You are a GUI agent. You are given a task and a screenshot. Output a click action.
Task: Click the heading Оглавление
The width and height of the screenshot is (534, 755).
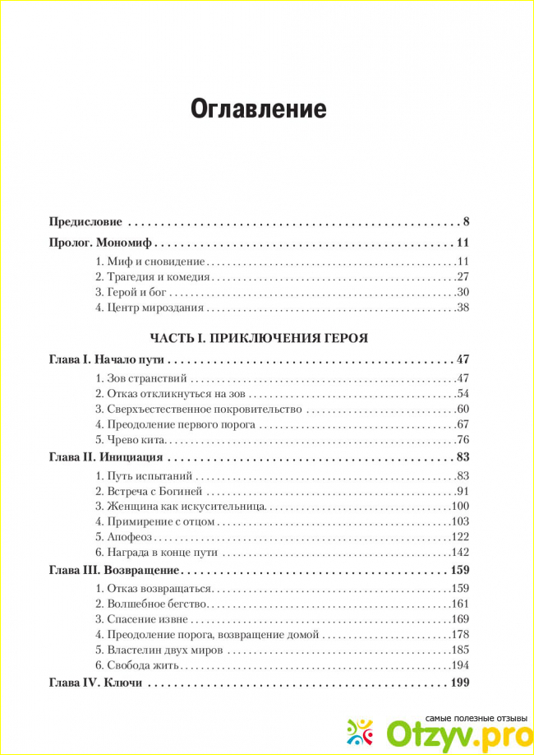[x=259, y=109]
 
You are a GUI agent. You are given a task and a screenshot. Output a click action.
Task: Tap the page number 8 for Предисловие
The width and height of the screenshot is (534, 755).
[x=465, y=221]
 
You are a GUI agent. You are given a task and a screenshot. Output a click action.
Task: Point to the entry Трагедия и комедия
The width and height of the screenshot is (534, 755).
[x=154, y=277]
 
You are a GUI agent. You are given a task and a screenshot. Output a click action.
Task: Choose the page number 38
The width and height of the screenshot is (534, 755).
[x=462, y=308]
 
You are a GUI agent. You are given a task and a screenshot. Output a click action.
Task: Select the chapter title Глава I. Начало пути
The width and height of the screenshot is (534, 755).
[x=108, y=360]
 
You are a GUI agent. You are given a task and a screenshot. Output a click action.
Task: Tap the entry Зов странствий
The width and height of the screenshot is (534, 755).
[x=141, y=378]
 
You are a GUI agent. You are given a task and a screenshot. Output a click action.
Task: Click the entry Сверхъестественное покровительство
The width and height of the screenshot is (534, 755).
[x=200, y=409]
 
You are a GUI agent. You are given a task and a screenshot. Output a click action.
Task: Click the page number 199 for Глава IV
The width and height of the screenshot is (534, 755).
[x=458, y=683]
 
